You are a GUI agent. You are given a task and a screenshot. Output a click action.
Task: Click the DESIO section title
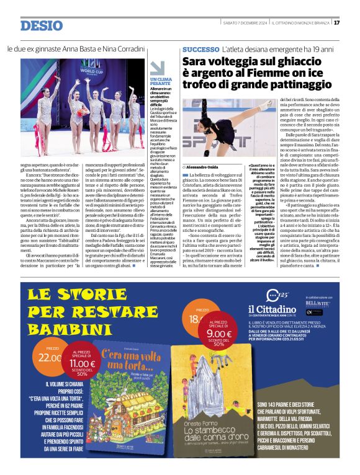click(x=42, y=25)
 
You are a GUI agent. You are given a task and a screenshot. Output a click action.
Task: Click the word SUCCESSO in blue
click(x=200, y=49)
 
